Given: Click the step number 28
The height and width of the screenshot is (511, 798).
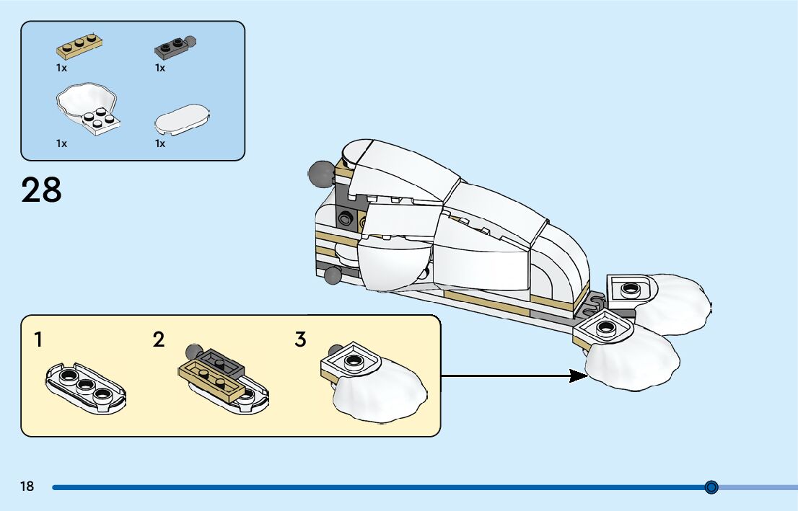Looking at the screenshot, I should [42, 191].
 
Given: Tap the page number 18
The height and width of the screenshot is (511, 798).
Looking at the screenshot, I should [27, 487].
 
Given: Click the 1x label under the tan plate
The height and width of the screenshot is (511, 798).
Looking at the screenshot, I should [61, 68].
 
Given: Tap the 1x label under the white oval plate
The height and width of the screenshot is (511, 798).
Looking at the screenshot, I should [160, 143].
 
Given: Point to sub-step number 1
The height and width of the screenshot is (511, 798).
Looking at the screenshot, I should [38, 340].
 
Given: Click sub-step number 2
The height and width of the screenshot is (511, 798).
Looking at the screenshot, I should [159, 340].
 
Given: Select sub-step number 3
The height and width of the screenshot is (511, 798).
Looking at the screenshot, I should [301, 340].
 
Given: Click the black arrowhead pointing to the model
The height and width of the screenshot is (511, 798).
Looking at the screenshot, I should [577, 376].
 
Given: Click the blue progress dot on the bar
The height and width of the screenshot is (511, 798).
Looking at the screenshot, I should [711, 487].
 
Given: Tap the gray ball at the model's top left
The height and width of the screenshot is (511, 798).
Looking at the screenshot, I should [317, 172].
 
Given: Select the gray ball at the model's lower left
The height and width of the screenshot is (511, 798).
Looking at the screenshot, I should [333, 275].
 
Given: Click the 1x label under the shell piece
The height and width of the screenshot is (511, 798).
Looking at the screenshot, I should [61, 143].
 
